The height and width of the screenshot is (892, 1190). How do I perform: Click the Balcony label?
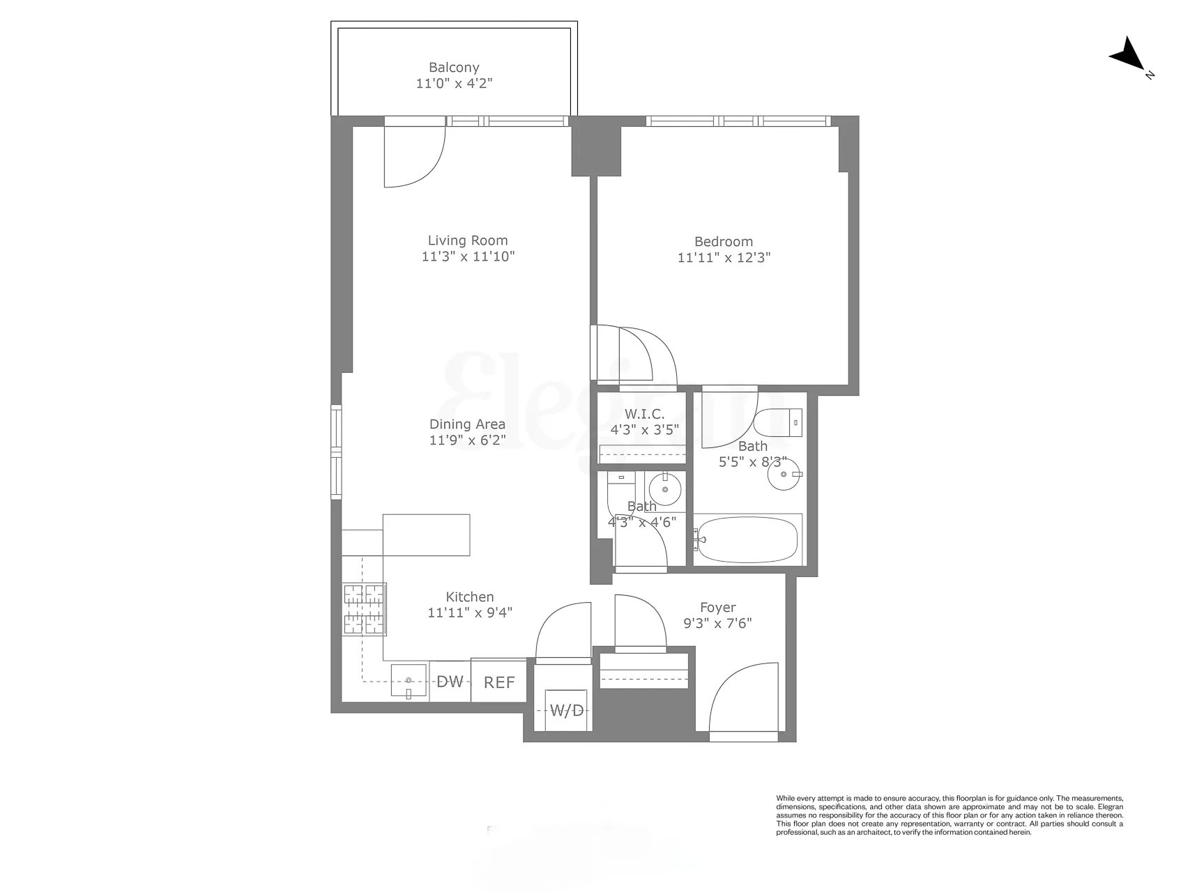(x=454, y=68)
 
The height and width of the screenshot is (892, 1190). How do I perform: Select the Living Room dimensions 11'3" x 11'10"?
(x=468, y=256)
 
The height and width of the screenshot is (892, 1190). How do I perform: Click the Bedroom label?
(x=723, y=242)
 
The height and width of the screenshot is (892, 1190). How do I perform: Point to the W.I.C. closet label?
(x=644, y=415)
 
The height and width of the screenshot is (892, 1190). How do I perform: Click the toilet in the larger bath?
(x=780, y=422)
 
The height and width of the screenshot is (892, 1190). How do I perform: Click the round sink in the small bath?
(x=665, y=489)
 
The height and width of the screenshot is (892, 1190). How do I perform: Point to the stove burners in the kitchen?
(x=363, y=609)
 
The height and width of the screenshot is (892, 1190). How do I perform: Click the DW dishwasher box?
(x=450, y=682)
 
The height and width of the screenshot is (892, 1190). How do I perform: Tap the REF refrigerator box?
(x=498, y=682)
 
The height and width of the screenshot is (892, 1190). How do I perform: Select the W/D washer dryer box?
(x=567, y=710)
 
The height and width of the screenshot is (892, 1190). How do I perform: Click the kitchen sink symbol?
(x=409, y=680)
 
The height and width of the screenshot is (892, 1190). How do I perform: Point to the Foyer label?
(x=717, y=608)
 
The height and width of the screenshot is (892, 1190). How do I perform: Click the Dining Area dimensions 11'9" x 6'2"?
(x=467, y=440)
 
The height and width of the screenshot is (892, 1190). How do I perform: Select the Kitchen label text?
(x=470, y=597)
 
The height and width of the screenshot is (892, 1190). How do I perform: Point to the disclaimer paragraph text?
(x=949, y=815)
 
